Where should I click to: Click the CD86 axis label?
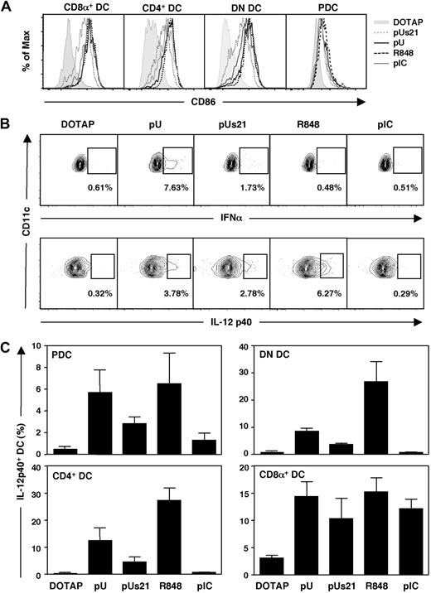pyautogui.click(x=193, y=102)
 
